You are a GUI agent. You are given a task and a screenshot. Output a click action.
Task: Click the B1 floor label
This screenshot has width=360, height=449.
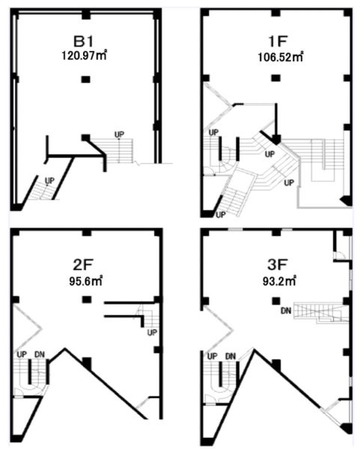(x=83, y=41)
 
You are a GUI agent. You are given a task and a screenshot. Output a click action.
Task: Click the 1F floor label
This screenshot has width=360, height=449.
(x=278, y=41)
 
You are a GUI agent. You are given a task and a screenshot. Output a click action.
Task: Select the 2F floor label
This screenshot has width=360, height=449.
(x=83, y=265)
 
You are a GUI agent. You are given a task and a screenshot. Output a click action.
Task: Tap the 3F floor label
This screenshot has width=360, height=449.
(x=277, y=265)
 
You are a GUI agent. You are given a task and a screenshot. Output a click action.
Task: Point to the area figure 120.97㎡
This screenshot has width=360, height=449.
(x=85, y=55)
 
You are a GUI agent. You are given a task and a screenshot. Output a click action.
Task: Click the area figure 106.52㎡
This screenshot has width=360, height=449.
(x=281, y=57)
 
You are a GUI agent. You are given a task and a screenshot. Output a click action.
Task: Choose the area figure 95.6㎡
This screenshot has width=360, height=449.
(x=85, y=281)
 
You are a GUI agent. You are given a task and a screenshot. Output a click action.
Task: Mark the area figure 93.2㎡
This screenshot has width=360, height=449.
(x=279, y=281)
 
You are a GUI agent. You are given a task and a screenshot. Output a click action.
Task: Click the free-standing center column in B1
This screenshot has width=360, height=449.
(x=85, y=79)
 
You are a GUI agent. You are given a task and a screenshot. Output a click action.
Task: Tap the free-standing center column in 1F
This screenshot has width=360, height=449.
(x=275, y=78)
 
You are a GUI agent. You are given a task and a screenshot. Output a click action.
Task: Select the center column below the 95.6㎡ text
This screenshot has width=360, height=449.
(x=87, y=299)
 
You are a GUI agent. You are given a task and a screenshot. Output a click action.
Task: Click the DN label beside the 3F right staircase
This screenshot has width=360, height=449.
(x=286, y=311)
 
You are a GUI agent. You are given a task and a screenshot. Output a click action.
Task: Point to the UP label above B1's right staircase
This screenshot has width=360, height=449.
(x=119, y=135)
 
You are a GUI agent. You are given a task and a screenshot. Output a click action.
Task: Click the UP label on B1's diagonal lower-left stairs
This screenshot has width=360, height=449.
(x=49, y=180)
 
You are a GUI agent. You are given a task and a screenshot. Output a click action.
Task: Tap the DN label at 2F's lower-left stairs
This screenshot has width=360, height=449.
(x=40, y=355)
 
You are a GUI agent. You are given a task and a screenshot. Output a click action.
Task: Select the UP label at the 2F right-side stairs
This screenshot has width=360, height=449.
(x=152, y=332)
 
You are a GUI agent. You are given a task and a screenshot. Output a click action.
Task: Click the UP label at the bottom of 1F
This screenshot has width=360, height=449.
(x=221, y=215)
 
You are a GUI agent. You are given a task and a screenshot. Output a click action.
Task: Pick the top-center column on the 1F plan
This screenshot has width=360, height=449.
(x=275, y=12)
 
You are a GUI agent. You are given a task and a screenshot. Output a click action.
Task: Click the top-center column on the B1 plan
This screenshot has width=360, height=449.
(x=86, y=15)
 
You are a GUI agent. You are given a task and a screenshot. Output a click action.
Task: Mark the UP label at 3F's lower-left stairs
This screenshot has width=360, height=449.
(x=213, y=356)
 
